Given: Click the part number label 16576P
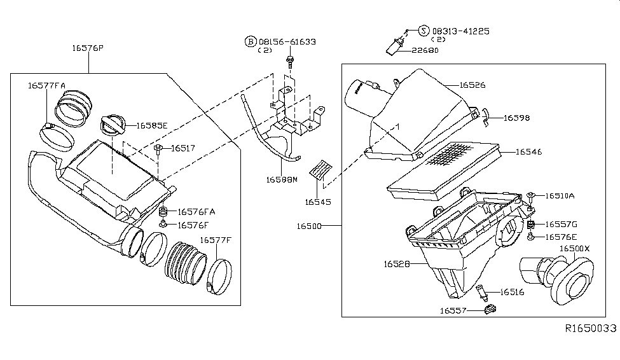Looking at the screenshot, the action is pyautogui.click(x=88, y=48).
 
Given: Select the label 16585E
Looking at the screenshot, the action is pyautogui.click(x=152, y=126).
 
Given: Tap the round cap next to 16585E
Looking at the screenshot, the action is pyautogui.click(x=113, y=125).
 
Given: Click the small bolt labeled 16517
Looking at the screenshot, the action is pyautogui.click(x=158, y=149).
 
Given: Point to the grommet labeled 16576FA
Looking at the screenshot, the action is pyautogui.click(x=163, y=211).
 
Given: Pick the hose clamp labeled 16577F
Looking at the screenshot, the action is pyautogui.click(x=219, y=277).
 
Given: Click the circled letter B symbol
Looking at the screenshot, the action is pyautogui.click(x=251, y=41).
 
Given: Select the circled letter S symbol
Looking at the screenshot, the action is pyautogui.click(x=424, y=31).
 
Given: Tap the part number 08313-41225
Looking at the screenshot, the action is pyautogui.click(x=460, y=31).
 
